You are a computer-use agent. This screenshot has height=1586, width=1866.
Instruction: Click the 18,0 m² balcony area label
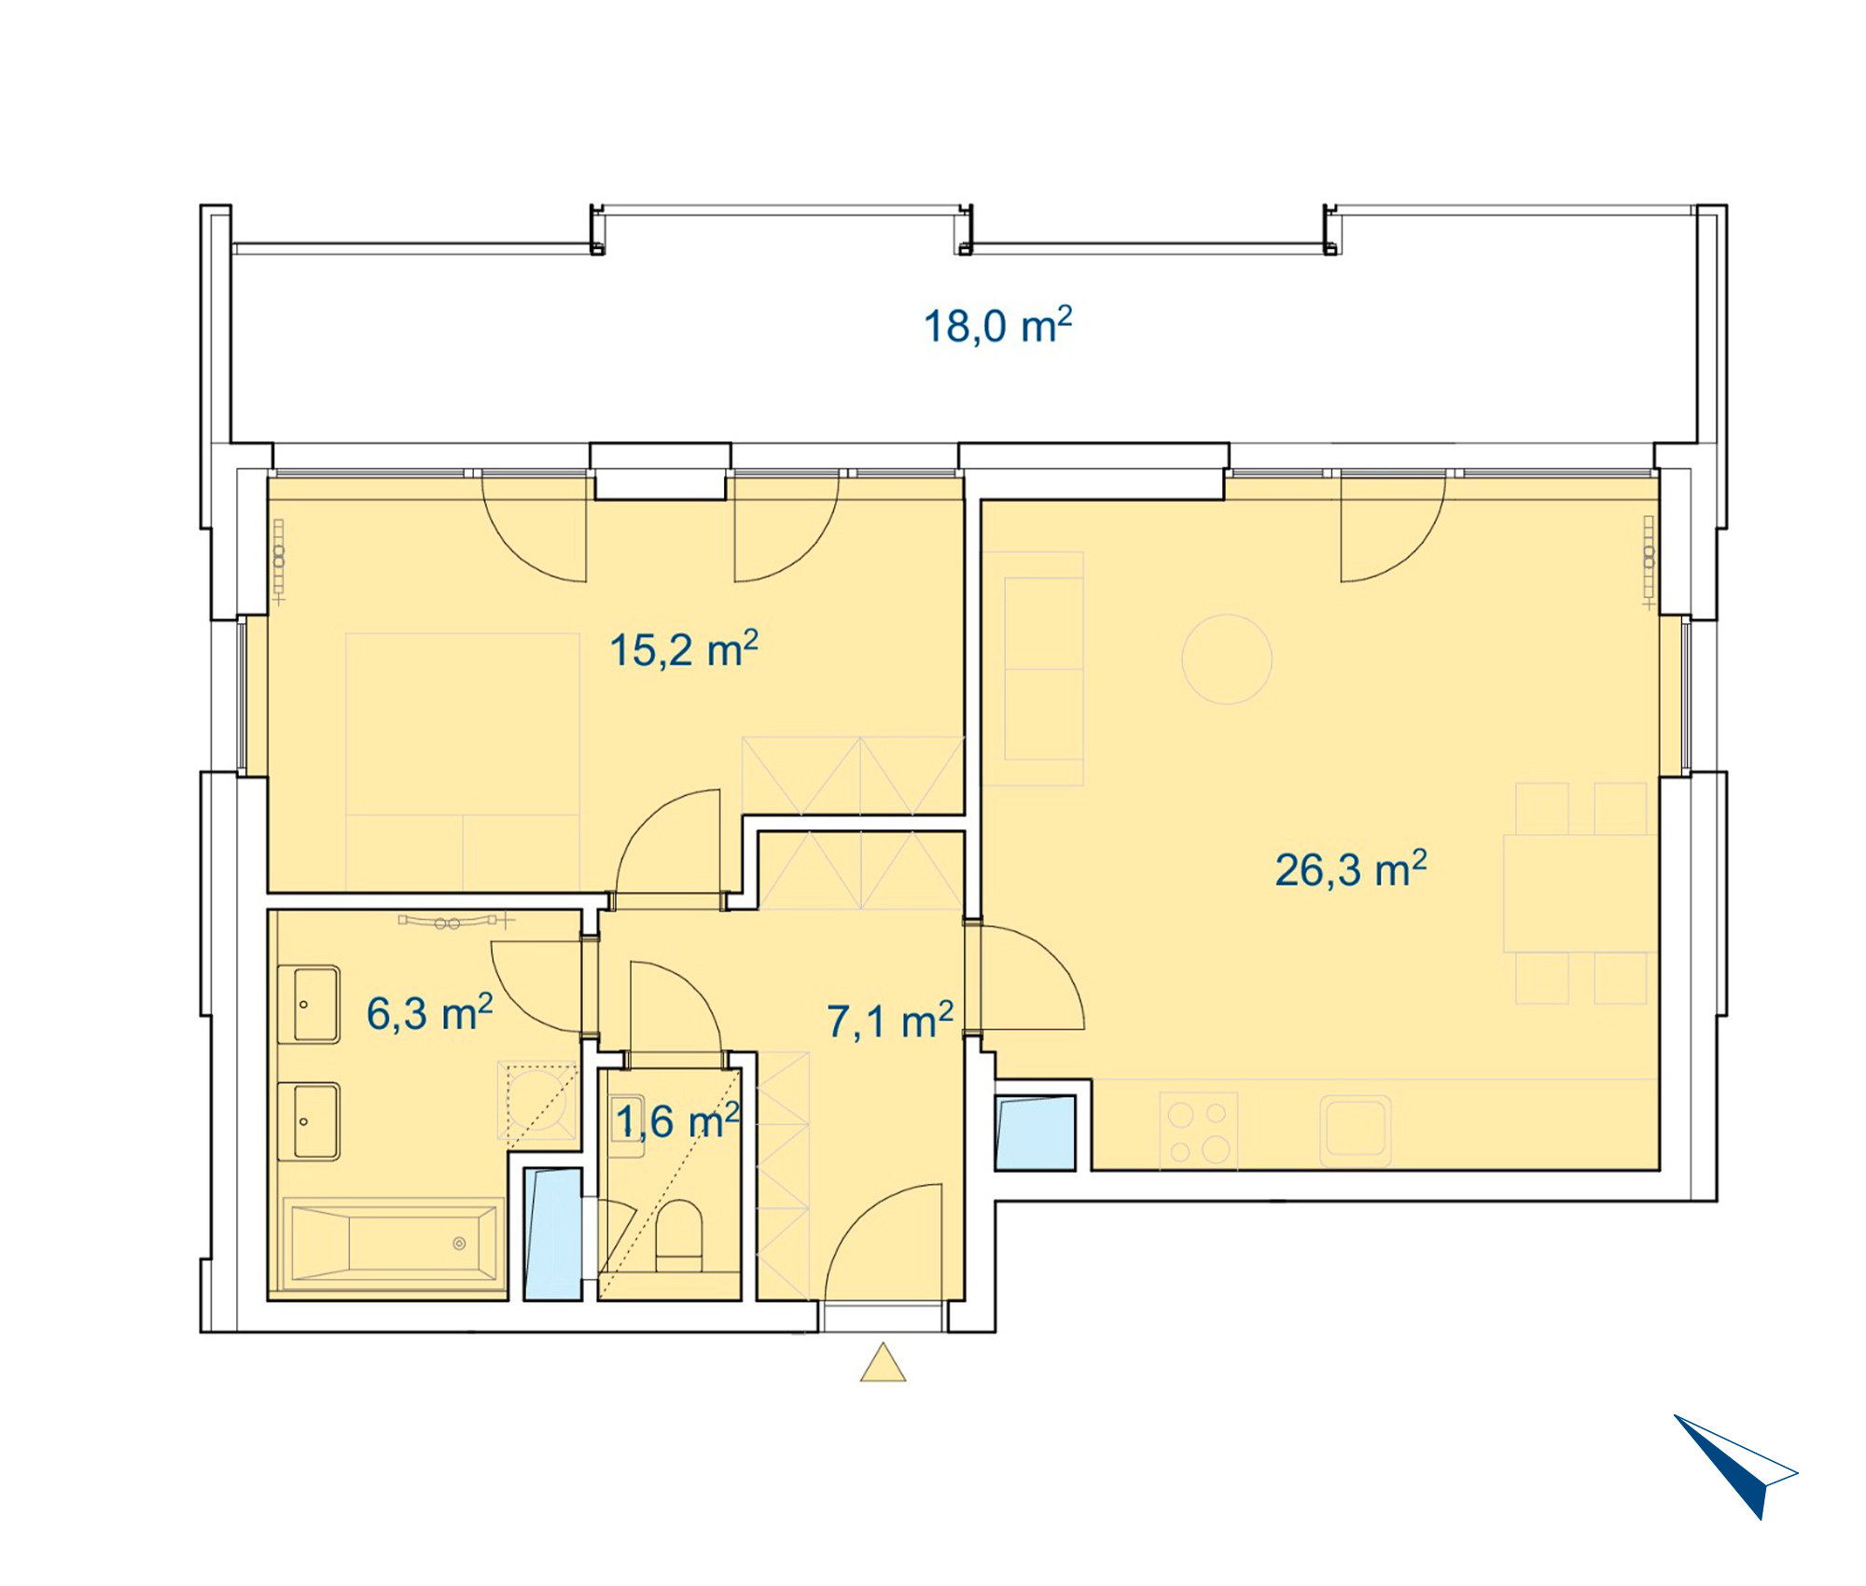[997, 326]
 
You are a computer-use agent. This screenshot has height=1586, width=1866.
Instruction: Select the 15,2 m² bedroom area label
[683, 649]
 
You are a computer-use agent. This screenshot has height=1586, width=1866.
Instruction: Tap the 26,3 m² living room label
[1350, 870]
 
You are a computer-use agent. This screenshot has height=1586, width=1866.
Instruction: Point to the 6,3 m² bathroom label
[429, 1013]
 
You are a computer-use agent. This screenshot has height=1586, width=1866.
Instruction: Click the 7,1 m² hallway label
[890, 1021]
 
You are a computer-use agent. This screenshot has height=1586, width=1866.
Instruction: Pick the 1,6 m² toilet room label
[677, 1120]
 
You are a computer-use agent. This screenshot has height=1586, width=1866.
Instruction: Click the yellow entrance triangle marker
[883, 1362]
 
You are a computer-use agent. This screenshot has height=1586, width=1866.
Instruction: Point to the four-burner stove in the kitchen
[1199, 1131]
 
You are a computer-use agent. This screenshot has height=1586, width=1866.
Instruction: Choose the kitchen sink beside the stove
[1356, 1130]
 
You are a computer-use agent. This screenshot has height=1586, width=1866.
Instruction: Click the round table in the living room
[1227, 659]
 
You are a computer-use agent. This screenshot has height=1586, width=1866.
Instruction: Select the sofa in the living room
[1033, 668]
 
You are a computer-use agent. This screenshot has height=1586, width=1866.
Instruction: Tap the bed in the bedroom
[463, 761]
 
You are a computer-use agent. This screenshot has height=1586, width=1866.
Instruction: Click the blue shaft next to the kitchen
[1036, 1133]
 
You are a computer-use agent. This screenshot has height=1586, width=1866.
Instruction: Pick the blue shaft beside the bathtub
[552, 1233]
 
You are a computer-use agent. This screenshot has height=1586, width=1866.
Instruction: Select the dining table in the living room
[1581, 893]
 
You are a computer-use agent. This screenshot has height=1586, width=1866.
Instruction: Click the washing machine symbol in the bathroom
[536, 1101]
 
